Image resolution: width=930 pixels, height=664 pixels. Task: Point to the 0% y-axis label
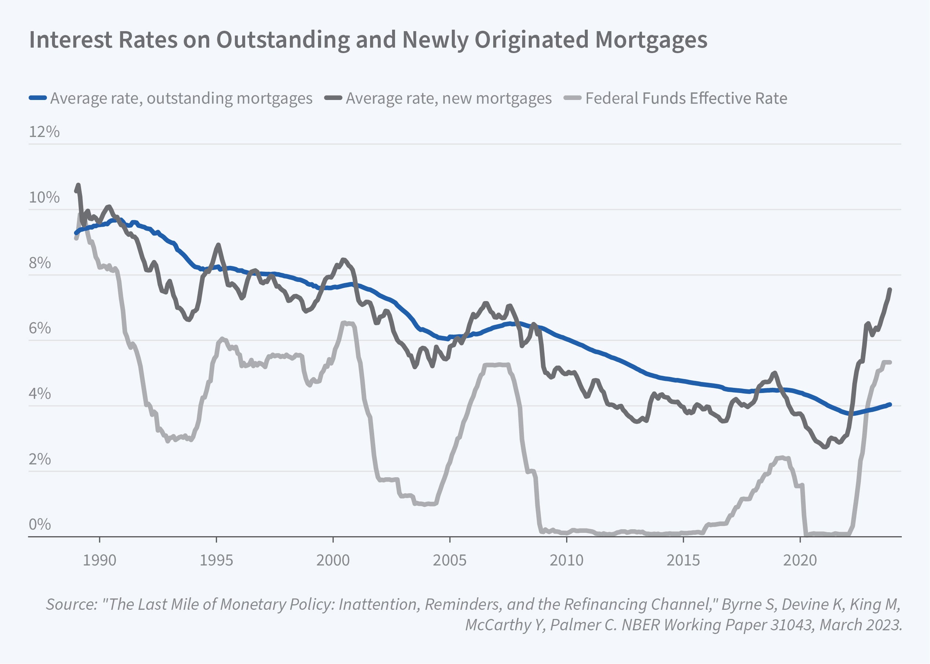tap(40, 524)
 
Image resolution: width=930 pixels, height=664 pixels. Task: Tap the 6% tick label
tap(40, 328)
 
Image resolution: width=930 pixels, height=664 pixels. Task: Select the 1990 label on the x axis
tap(99, 560)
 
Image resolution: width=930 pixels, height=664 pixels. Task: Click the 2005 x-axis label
tap(450, 560)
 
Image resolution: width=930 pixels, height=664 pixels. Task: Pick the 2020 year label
tap(800, 560)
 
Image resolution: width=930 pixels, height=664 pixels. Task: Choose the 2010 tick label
tap(567, 560)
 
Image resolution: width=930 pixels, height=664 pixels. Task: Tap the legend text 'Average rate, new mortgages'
tap(449, 99)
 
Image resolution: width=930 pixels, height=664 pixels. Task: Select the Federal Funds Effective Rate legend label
tap(686, 99)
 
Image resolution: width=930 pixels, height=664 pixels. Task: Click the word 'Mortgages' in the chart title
tap(651, 40)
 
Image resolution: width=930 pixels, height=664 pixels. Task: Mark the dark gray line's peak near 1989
tap(78, 185)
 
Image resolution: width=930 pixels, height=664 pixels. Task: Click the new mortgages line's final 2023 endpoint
tap(890, 289)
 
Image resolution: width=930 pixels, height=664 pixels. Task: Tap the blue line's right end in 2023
tap(890, 405)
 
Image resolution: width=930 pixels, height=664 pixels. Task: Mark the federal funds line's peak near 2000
tap(345, 323)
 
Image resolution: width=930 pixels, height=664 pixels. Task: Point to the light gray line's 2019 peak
tap(782, 457)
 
